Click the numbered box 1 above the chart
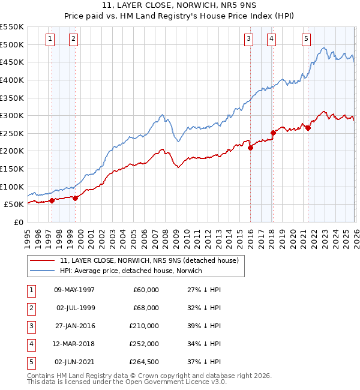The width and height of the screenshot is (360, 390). pyautogui.click(x=49, y=39)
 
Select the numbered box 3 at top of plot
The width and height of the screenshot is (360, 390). pyautogui.click(x=248, y=39)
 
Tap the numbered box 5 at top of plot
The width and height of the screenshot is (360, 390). pyautogui.click(x=306, y=39)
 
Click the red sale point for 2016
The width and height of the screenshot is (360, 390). pyautogui.click(x=250, y=148)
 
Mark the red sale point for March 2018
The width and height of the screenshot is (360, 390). pyautogui.click(x=273, y=133)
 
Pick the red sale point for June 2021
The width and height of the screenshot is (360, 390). pyautogui.click(x=308, y=128)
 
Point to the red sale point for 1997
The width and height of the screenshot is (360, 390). pyautogui.click(x=52, y=200)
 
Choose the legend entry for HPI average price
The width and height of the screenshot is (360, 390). pyautogui.click(x=131, y=271)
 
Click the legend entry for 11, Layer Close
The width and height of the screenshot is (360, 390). pyautogui.click(x=149, y=260)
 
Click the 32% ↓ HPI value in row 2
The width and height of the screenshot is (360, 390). pyautogui.click(x=204, y=308)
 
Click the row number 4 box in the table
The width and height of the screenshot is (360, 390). pyautogui.click(x=30, y=344)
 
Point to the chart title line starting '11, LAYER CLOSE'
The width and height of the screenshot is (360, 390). pyautogui.click(x=180, y=7)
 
